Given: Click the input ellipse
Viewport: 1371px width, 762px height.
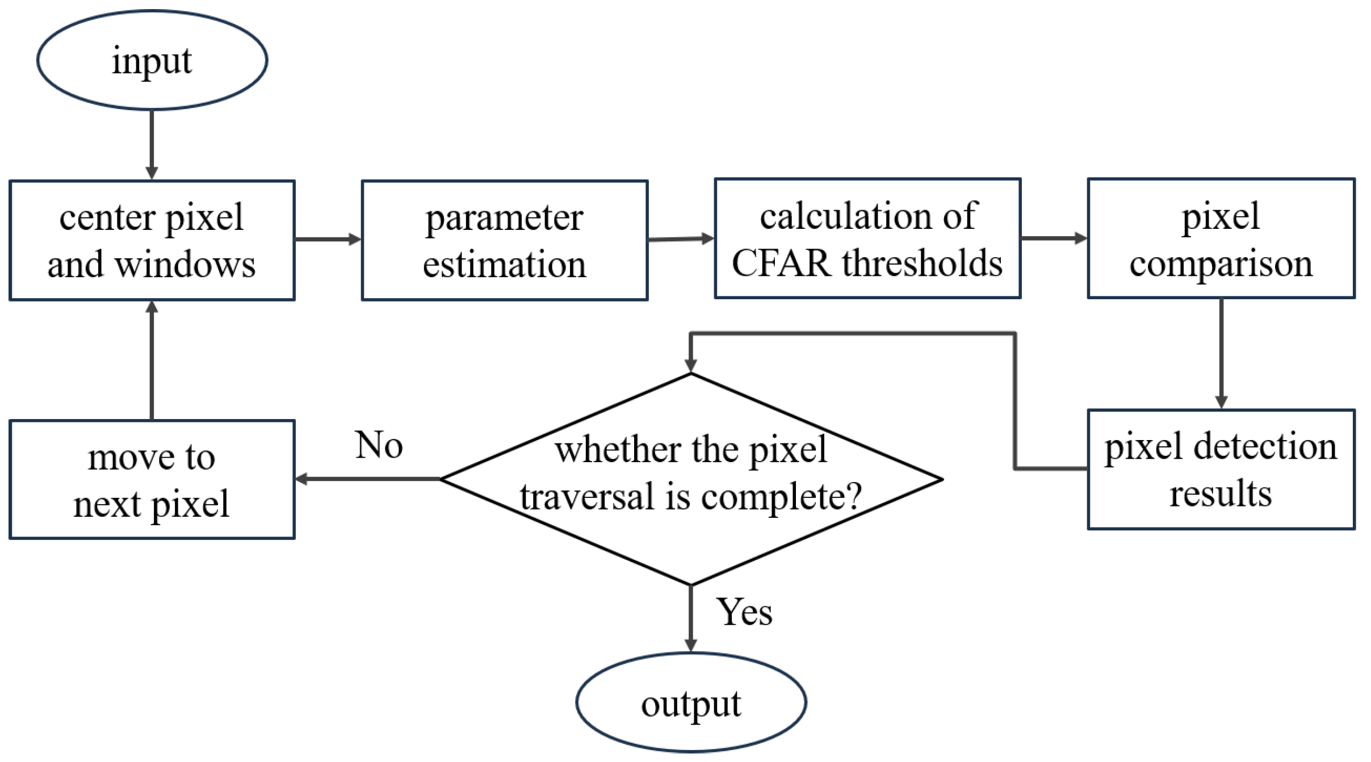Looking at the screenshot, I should (152, 60).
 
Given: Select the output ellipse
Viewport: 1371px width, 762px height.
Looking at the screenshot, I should (690, 702).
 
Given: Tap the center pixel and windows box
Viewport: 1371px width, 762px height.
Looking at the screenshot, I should (152, 240).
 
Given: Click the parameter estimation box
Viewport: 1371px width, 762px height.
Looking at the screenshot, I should (504, 240).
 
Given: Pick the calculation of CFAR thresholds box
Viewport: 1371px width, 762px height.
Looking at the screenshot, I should (867, 238).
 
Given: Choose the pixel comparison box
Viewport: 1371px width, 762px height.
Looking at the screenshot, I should (1221, 238).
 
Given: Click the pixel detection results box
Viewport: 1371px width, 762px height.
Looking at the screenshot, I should (1221, 469).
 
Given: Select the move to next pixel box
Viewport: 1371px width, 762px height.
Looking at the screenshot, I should (152, 479).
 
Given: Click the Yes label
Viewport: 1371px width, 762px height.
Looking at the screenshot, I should (744, 612).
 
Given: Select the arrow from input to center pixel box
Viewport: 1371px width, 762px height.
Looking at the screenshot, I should (152, 144).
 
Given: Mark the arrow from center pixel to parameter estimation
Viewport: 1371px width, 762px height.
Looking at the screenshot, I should (328, 239).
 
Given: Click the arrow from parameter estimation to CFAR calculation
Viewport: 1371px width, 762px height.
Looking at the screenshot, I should (680, 239).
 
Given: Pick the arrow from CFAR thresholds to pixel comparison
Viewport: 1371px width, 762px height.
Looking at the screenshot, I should (1053, 238).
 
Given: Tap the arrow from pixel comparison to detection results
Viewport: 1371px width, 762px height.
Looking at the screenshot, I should (1221, 352).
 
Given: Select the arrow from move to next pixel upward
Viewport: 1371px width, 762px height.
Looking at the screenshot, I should (152, 361).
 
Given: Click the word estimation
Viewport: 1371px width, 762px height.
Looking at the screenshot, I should (504, 265).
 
